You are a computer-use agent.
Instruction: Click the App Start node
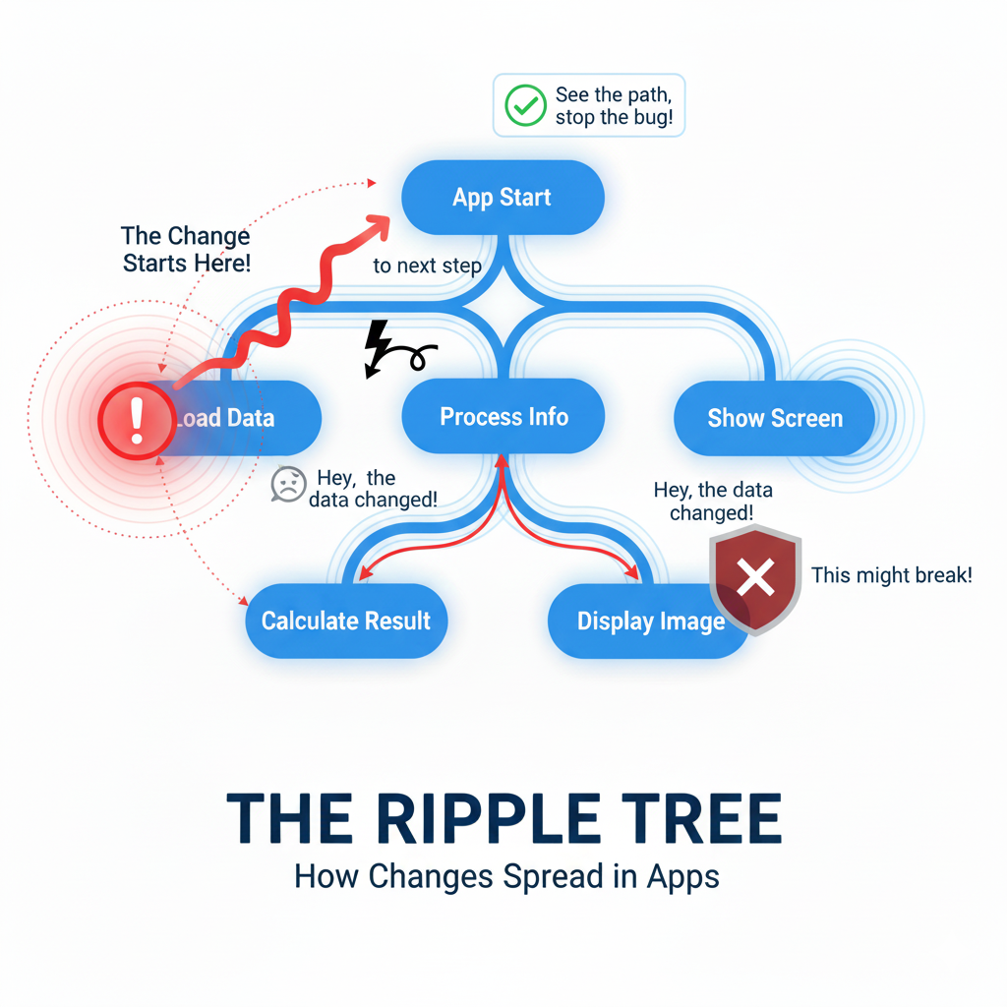pos(503,197)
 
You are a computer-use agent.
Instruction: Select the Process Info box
pos(503,417)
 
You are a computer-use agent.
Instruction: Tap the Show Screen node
pos(775,418)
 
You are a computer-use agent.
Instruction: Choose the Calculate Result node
pos(346,621)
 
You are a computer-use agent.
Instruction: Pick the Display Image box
pos(650,622)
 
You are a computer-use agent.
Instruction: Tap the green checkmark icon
pos(524,106)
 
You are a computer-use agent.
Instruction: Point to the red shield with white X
pos(755,578)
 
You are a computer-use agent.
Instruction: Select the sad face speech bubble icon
pos(288,484)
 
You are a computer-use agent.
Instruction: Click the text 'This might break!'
pos(891,575)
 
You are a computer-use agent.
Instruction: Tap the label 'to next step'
pos(427,266)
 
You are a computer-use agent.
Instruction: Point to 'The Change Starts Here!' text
pos(186,250)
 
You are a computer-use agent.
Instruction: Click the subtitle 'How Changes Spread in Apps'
pos(506,876)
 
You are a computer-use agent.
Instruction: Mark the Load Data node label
pos(226,418)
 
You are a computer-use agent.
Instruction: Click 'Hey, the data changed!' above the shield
pos(713,502)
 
